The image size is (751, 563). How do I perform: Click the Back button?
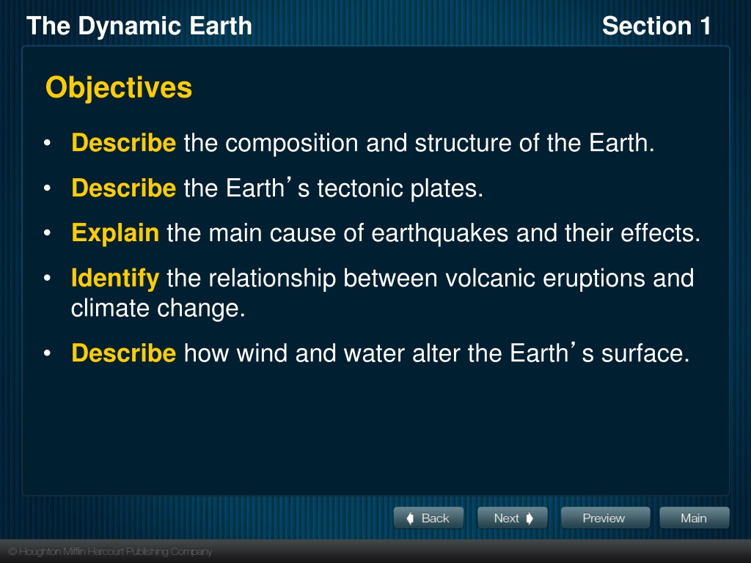point(428,518)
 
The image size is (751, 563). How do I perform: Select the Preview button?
point(605,518)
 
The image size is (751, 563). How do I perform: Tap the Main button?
point(695,518)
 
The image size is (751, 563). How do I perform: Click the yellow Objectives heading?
point(119,88)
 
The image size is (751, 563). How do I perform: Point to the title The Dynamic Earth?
point(139,26)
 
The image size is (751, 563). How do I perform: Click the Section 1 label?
point(656,26)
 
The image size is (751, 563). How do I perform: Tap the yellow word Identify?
point(115,279)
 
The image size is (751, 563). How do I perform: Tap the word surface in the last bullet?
point(645,353)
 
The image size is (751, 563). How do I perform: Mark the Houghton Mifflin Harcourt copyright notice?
point(110,551)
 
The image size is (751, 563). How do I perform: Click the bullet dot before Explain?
point(47,233)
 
